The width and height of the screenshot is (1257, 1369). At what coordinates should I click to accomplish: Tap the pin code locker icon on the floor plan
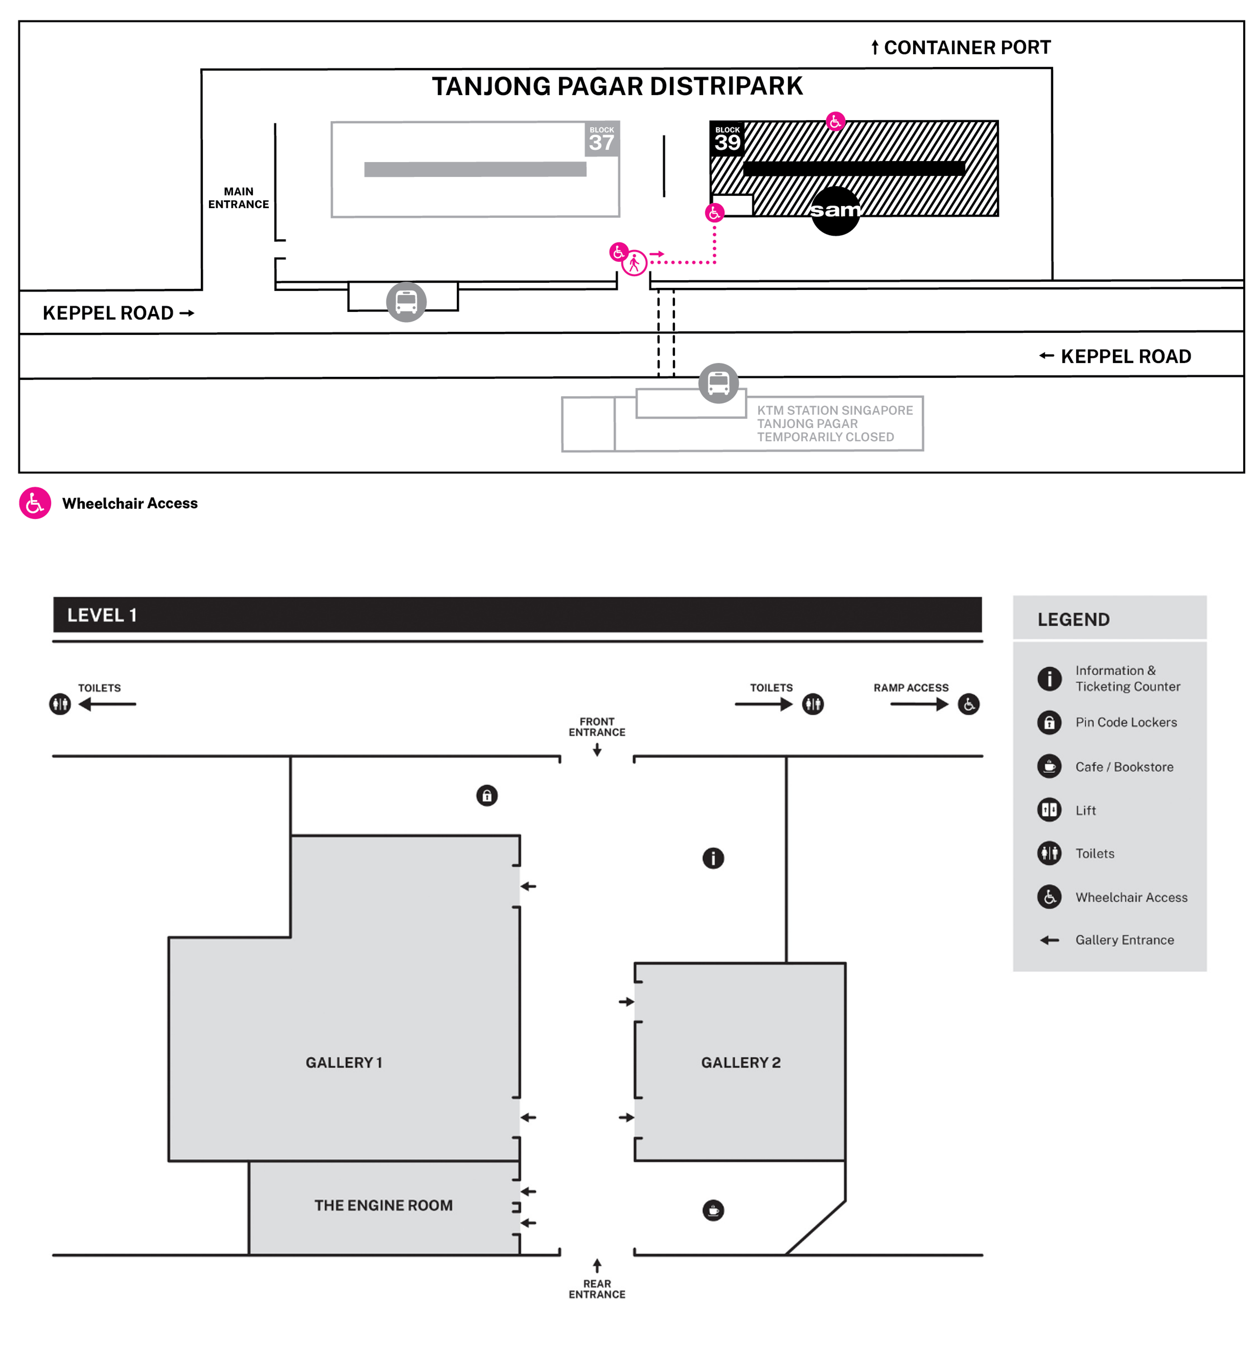coord(487,795)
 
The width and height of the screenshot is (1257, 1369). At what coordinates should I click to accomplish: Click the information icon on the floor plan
coord(713,858)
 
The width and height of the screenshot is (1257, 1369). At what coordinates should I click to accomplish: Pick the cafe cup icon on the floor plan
coord(713,1210)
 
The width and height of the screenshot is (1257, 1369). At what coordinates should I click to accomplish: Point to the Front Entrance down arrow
coord(597,750)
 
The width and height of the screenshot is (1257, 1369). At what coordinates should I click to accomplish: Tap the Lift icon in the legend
coord(1050,810)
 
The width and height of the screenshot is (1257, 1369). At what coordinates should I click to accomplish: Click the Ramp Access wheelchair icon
coord(968,704)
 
